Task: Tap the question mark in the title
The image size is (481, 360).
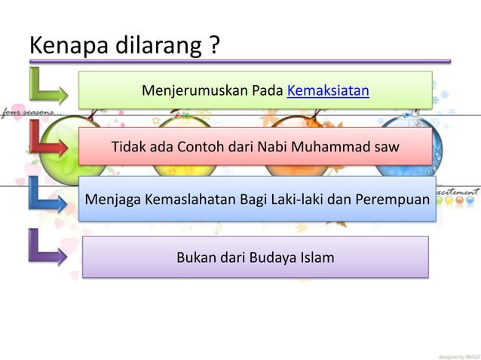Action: (214, 46)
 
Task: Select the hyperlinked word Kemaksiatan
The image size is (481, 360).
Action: (328, 92)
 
